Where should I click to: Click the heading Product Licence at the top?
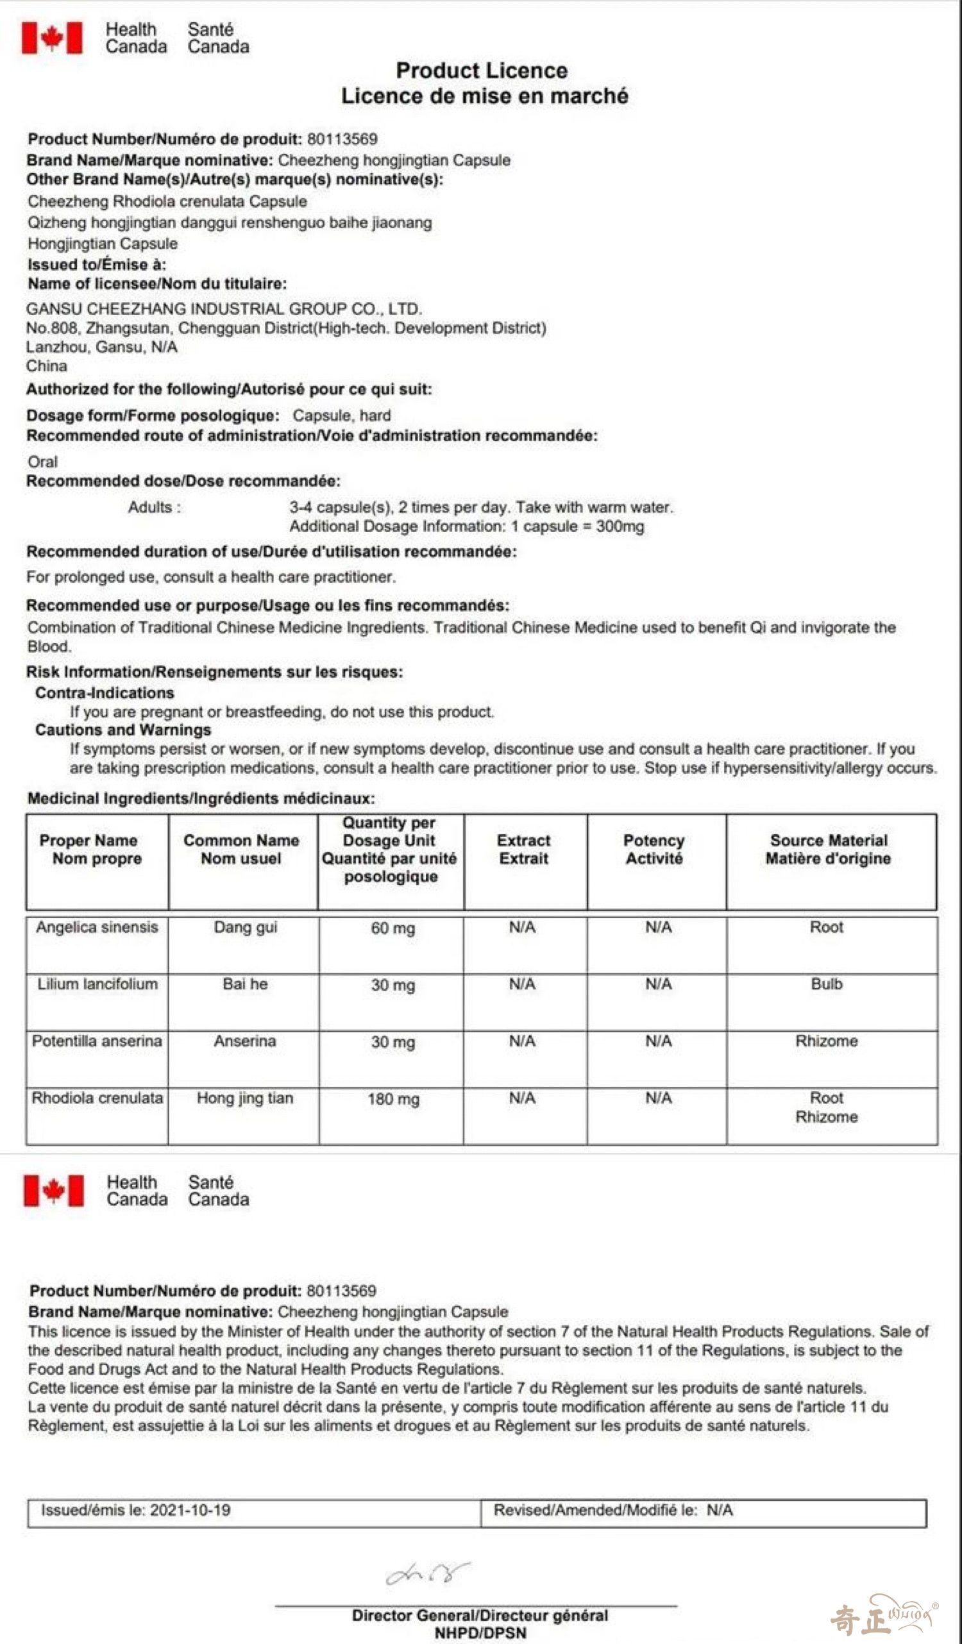(x=482, y=71)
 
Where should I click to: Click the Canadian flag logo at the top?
(x=52, y=38)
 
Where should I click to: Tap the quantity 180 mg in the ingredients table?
(x=393, y=1098)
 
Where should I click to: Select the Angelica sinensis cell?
(x=97, y=927)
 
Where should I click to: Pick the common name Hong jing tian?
(x=245, y=1098)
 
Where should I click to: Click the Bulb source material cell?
(x=826, y=984)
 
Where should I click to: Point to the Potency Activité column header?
(x=654, y=850)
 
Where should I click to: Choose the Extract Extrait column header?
(x=523, y=850)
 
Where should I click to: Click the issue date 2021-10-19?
(x=190, y=1510)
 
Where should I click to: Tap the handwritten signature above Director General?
(x=428, y=1574)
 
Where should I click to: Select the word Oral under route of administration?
(x=42, y=462)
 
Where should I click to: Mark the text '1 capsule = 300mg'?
(x=578, y=526)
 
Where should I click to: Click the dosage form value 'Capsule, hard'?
(x=341, y=415)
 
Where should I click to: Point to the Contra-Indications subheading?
(x=105, y=693)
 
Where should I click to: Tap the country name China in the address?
(x=46, y=366)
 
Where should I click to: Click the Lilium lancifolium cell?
(x=97, y=984)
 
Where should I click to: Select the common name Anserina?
(x=245, y=1041)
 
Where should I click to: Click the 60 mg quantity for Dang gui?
(x=393, y=928)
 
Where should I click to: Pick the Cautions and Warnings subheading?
(x=122, y=730)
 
